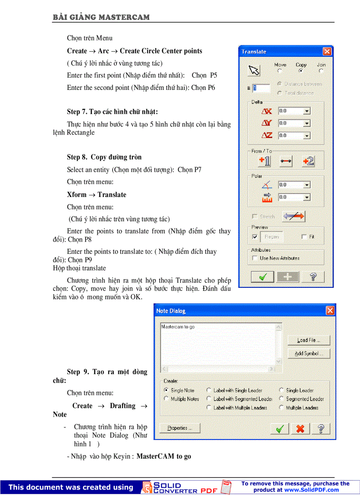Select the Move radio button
click(x=280, y=71)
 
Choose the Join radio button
click(x=321, y=71)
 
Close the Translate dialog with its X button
click(x=327, y=52)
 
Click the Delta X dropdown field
click(x=294, y=111)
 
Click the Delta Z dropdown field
click(x=294, y=136)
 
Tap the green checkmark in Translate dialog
click(x=262, y=277)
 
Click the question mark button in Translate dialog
click(x=314, y=277)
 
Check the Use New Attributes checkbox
click(x=254, y=258)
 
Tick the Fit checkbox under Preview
click(x=304, y=237)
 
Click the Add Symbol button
click(x=309, y=354)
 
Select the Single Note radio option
click(x=166, y=390)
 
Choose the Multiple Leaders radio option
click(x=281, y=408)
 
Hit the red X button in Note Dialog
click(x=300, y=428)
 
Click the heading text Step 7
click(x=112, y=112)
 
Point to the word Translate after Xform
click(x=112, y=195)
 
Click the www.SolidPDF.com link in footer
click(x=311, y=490)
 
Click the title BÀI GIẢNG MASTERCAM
click(x=101, y=17)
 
